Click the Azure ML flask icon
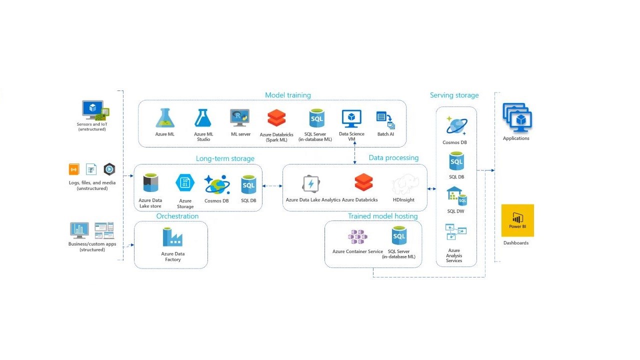click(x=164, y=118)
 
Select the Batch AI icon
click(x=385, y=120)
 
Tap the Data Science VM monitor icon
click(x=351, y=119)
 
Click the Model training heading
click(x=287, y=95)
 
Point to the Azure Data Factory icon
click(x=172, y=237)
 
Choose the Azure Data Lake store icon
click(x=150, y=183)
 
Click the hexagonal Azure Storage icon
click(x=184, y=183)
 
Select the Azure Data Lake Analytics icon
click(x=311, y=183)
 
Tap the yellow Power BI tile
click(x=517, y=220)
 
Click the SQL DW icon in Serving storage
click(x=455, y=196)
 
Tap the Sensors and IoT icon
click(x=95, y=110)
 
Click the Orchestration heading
click(x=177, y=216)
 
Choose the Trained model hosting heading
click(x=382, y=216)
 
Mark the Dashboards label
click(x=516, y=243)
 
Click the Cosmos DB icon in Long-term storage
click(x=217, y=184)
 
